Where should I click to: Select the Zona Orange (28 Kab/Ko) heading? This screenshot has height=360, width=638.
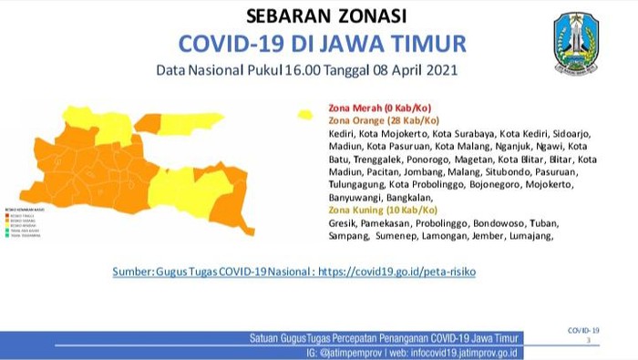(384, 120)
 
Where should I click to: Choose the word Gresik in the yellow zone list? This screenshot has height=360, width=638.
(343, 222)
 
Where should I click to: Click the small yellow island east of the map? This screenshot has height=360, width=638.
(304, 114)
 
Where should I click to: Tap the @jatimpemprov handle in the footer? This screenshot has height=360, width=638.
(364, 352)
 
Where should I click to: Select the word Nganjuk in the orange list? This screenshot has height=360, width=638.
(517, 146)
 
